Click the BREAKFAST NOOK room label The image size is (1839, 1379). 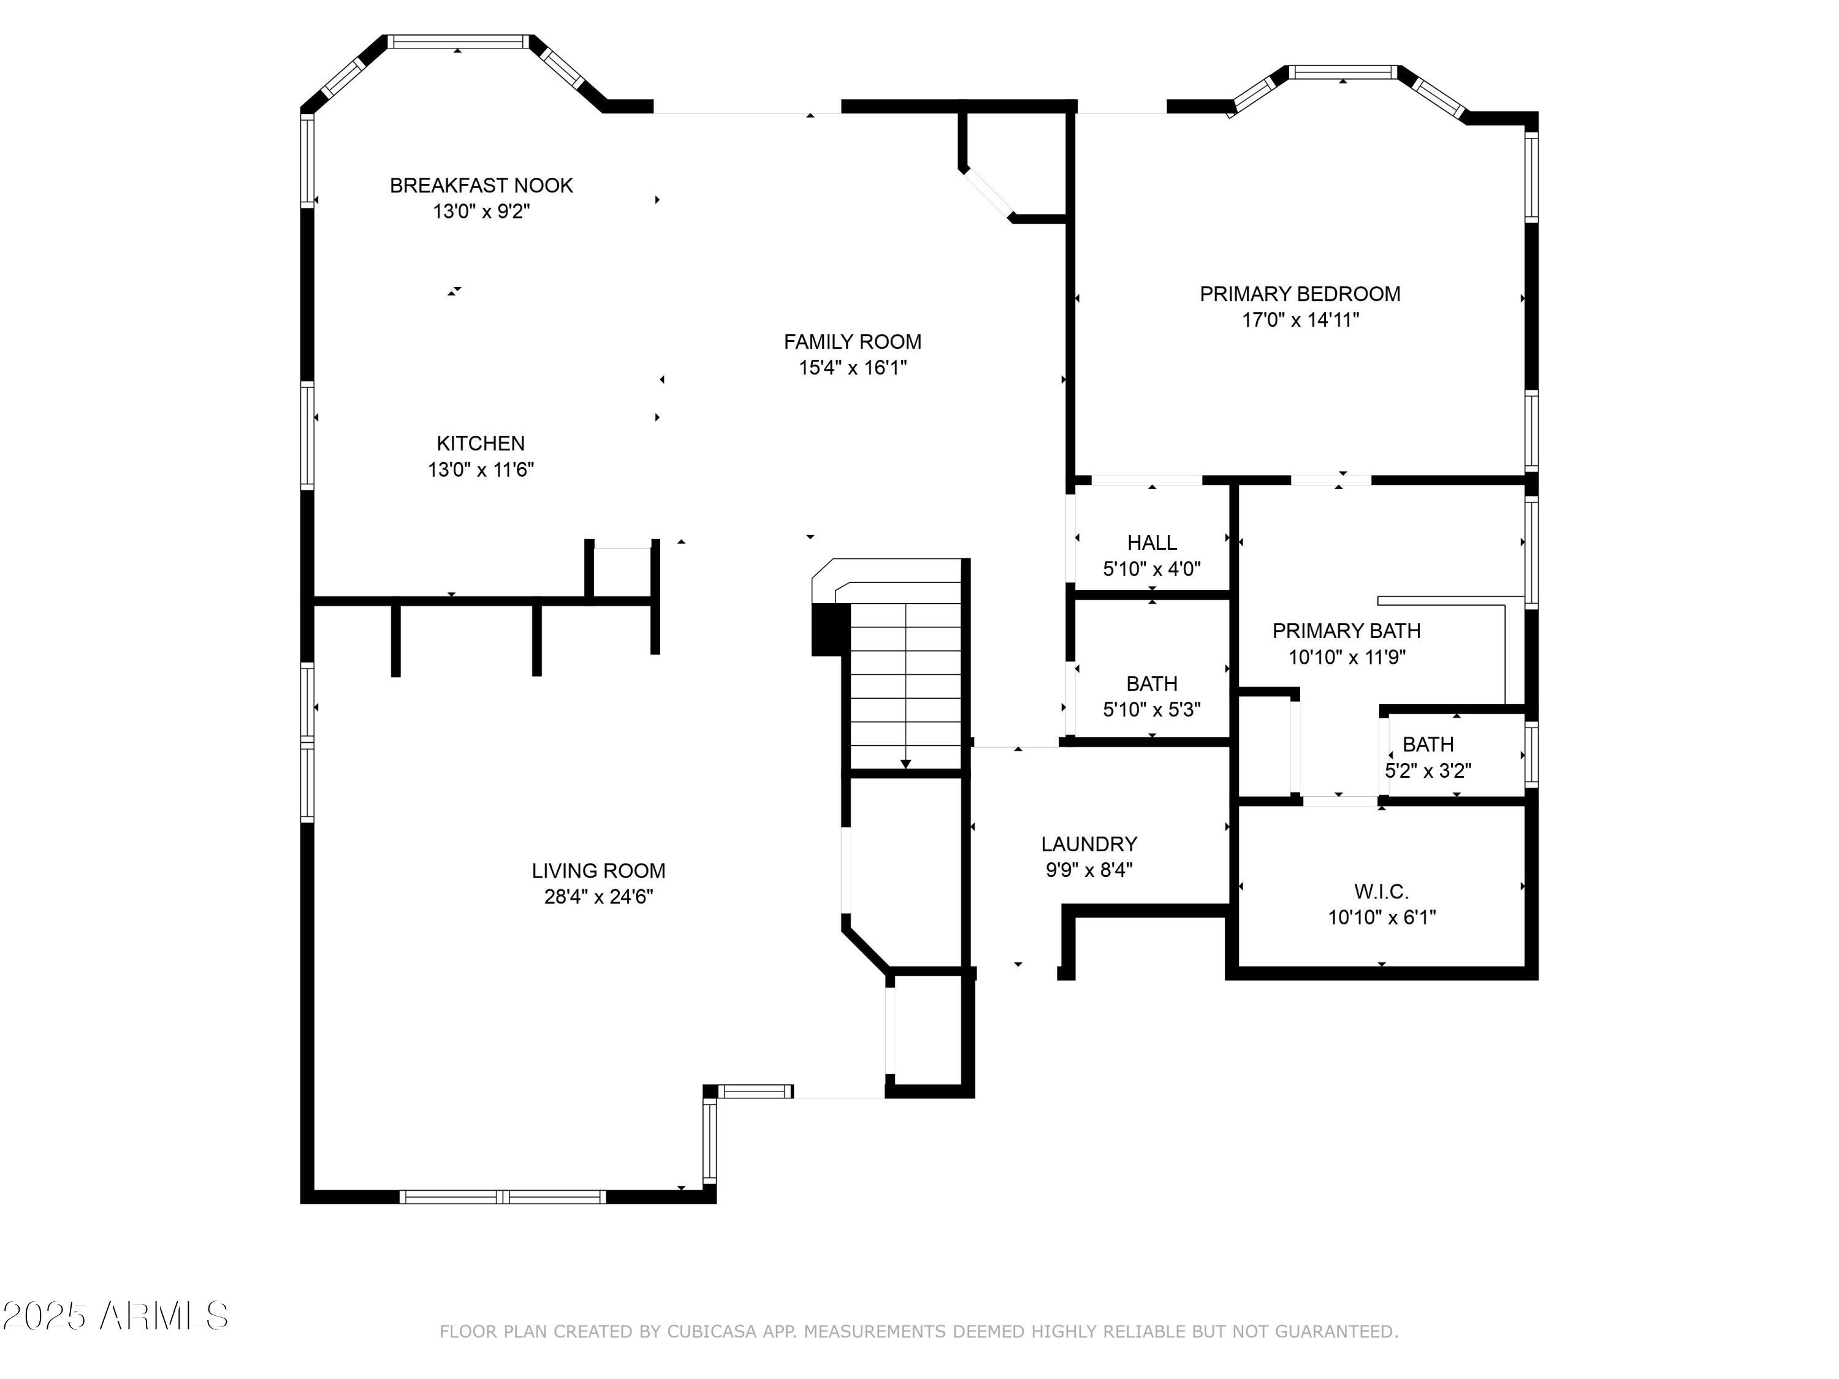pos(481,185)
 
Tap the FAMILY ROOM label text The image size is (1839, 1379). pos(852,341)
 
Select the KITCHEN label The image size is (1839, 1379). pos(481,443)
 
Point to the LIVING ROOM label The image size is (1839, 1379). pos(598,870)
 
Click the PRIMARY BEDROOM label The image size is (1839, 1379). pos(1300,294)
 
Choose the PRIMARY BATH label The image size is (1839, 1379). pos(1346,631)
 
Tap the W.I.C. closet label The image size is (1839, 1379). pos(1381,892)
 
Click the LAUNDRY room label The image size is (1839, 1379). pos(1089,844)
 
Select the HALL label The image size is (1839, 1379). pos(1151,543)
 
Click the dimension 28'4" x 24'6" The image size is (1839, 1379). pos(598,897)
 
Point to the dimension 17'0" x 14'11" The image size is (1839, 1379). pos(1300,320)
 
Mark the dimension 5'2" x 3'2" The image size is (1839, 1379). pos(1428,770)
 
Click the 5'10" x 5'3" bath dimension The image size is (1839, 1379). pos(1151,710)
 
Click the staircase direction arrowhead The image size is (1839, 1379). pos(905,764)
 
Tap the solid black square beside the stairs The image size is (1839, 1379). pos(828,629)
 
